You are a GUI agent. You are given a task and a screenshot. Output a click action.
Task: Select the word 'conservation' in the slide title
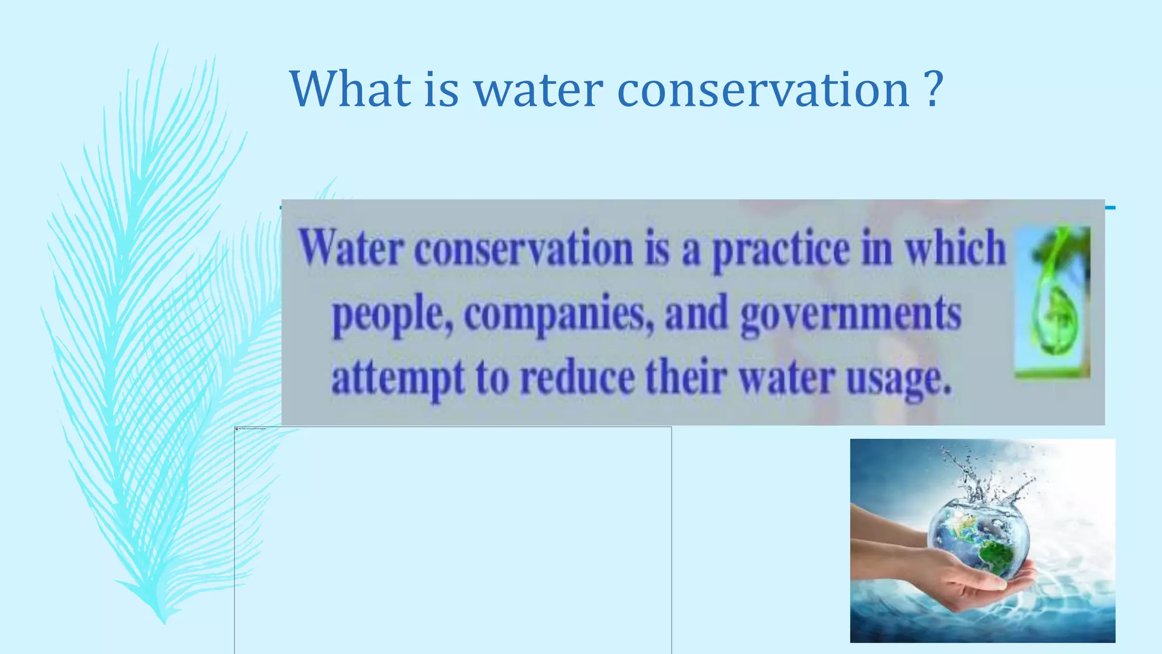[x=763, y=90]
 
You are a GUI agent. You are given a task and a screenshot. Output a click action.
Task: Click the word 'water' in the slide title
[x=538, y=90]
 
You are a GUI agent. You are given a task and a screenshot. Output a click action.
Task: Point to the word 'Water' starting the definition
[x=352, y=248]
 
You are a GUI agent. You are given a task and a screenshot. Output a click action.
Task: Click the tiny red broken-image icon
[x=237, y=429]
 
